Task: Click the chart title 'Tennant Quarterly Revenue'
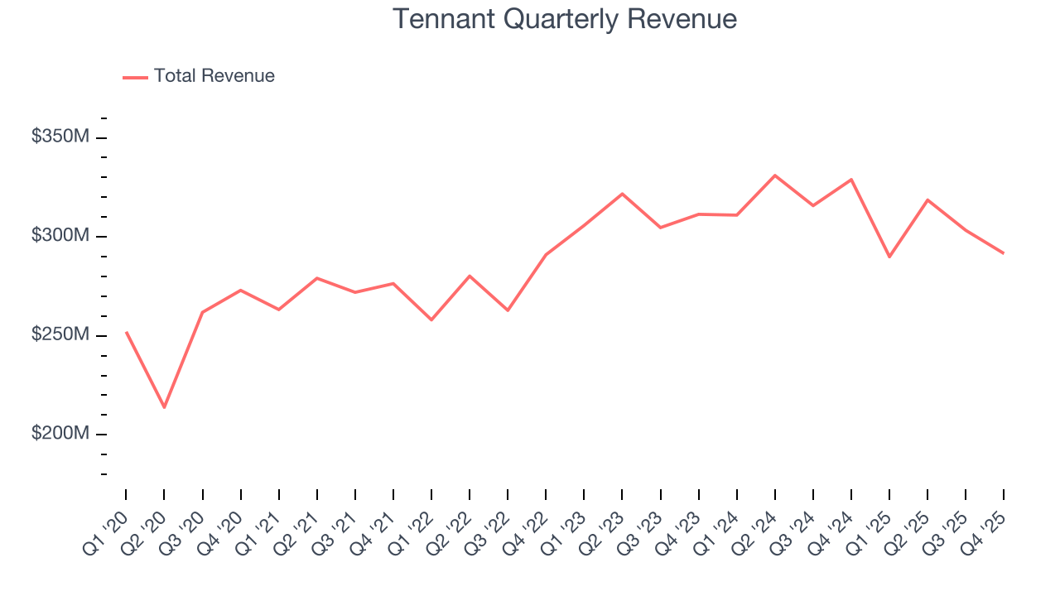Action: [564, 19]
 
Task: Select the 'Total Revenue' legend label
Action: [214, 76]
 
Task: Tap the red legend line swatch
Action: [135, 77]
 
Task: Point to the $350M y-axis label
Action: [60, 137]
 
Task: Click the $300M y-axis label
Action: [60, 236]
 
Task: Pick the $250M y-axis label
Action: [60, 335]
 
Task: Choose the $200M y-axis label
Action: [60, 434]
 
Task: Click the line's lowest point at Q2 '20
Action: [164, 407]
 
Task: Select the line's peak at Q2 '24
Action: [775, 175]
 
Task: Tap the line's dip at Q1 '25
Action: [889, 257]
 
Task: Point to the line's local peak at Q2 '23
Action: [622, 194]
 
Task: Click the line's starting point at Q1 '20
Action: [126, 332]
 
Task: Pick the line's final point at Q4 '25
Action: [1004, 253]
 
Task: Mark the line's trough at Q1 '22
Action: [431, 320]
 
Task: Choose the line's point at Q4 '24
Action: [851, 180]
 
